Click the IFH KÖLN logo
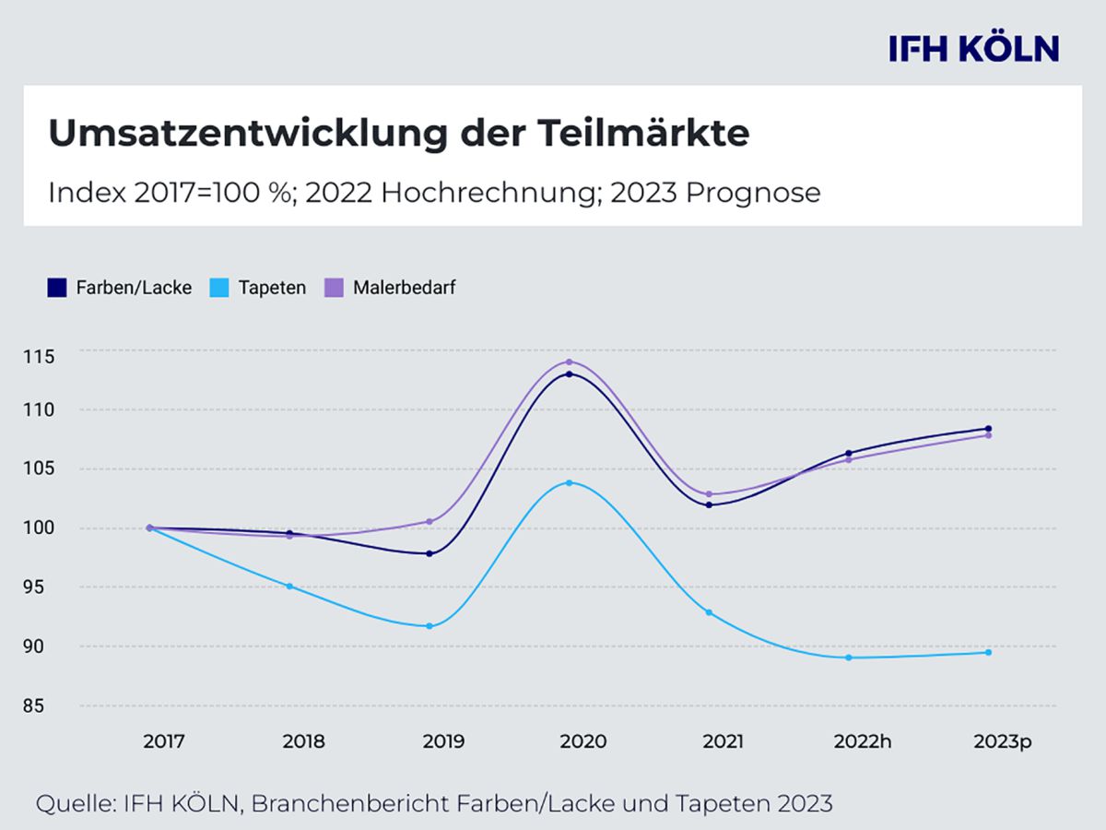coord(973,49)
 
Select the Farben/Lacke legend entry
coord(120,288)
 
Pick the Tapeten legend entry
coord(261,288)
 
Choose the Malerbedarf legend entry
coord(391,288)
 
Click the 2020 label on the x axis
coord(582,741)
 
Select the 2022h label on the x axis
coord(863,741)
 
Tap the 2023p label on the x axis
coord(1002,741)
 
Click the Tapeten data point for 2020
coord(569,482)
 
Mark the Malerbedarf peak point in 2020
coord(569,362)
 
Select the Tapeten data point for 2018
coord(289,586)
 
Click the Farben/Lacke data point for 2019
coord(429,553)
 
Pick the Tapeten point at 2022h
coord(848,658)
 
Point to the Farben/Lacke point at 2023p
coord(988,428)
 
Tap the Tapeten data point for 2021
coord(709,612)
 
